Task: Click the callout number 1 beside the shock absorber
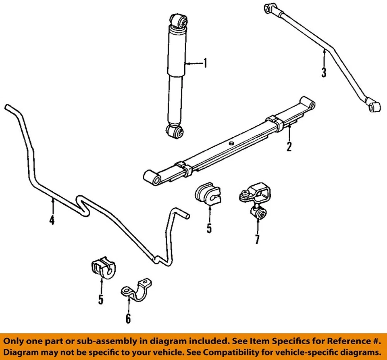click(204, 63)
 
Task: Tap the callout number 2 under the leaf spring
click(289, 146)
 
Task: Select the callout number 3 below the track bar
click(324, 72)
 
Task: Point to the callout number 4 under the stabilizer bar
click(52, 220)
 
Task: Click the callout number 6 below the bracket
click(128, 318)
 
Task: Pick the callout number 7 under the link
click(257, 239)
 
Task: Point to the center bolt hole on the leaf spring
click(231, 143)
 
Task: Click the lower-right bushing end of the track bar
click(374, 106)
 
